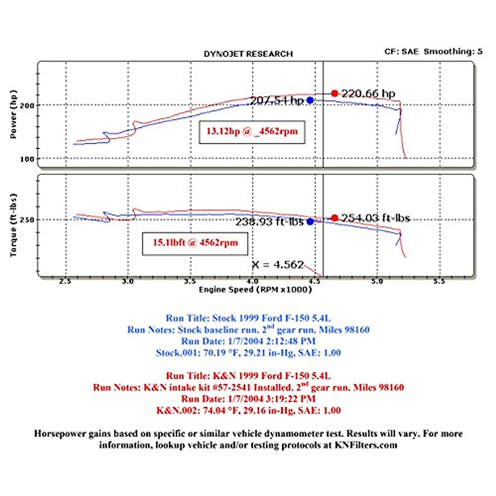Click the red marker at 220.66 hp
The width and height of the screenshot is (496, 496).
click(335, 94)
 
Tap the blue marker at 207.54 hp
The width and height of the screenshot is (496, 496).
click(310, 100)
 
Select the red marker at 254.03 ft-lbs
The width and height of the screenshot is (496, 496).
click(335, 218)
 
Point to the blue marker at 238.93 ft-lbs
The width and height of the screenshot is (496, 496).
click(310, 222)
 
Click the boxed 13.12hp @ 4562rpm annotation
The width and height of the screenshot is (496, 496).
click(252, 132)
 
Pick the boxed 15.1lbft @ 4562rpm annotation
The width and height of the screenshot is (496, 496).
click(195, 243)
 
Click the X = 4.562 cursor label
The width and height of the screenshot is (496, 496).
click(278, 265)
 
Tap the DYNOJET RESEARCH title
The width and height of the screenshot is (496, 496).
click(248, 54)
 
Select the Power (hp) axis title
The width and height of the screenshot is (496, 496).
click(14, 114)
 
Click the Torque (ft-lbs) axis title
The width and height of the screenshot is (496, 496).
click(14, 225)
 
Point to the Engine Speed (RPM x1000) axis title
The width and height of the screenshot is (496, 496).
click(255, 290)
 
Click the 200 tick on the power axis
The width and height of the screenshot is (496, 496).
click(27, 105)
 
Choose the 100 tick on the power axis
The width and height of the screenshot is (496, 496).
click(27, 159)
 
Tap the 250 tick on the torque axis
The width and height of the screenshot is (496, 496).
click(27, 220)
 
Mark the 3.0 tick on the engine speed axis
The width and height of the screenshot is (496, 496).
click(128, 281)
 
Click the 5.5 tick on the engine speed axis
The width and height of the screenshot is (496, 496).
click(439, 281)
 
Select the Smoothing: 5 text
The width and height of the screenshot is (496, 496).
click(453, 52)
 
